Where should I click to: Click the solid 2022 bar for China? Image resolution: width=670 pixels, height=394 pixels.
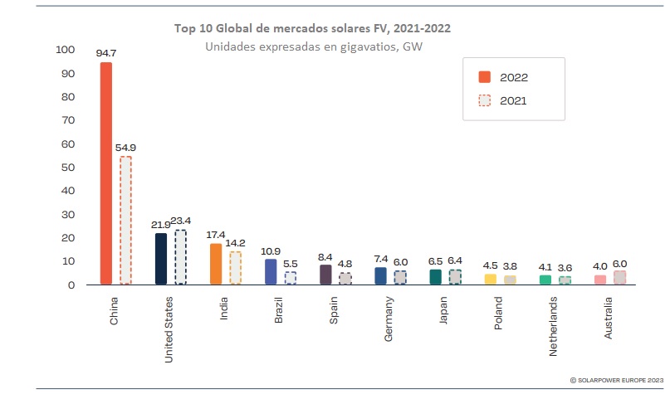pos(106,173)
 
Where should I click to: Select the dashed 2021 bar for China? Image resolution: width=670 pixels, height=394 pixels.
pos(125,220)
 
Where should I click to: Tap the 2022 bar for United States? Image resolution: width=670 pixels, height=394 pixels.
pos(160,259)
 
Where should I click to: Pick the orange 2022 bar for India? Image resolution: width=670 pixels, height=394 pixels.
pos(215,264)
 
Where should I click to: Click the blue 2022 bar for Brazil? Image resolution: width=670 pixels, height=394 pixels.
pos(271,271)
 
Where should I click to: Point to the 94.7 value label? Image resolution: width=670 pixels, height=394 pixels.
pos(105,53)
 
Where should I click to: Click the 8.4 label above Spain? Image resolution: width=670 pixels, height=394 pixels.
pos(325,256)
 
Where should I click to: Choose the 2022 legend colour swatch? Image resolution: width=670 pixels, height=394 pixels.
pos(485,77)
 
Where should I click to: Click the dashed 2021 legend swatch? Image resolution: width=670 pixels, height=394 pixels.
pos(485,100)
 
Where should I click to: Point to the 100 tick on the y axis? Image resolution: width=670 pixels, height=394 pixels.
pos(65,50)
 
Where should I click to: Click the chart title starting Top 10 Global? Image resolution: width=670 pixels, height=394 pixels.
pos(313,28)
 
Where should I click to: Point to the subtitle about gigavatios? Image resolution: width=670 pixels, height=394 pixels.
pos(314,46)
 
